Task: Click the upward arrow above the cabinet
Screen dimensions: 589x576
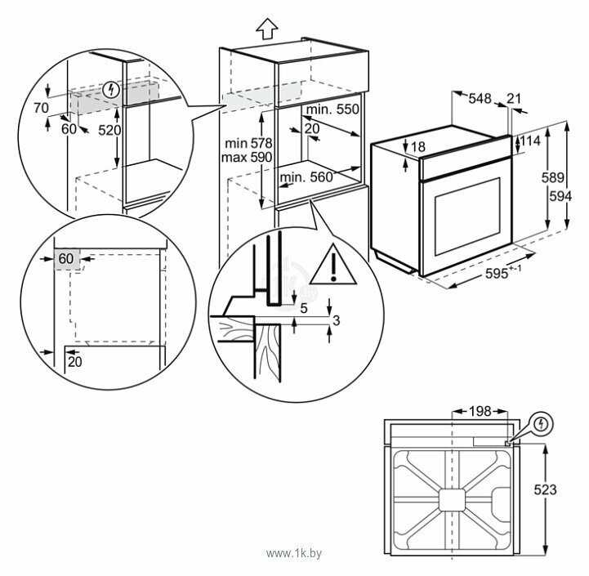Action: [266, 29]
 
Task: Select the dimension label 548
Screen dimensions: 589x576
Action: [480, 98]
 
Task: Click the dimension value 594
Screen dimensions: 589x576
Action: [560, 196]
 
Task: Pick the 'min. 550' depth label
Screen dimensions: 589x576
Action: [332, 109]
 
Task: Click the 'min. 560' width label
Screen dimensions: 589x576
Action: [306, 177]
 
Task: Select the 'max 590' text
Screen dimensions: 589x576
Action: [247, 157]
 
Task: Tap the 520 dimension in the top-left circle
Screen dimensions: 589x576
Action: [109, 131]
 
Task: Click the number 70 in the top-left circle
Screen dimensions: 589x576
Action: [41, 108]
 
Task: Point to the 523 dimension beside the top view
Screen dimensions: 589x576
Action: [545, 489]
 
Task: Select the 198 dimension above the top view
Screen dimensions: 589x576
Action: [480, 411]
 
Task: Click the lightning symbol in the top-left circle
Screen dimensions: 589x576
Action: [111, 89]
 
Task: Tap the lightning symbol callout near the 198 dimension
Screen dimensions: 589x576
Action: [541, 424]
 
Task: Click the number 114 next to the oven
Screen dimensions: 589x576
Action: [530, 141]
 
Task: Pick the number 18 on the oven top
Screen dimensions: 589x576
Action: [417, 146]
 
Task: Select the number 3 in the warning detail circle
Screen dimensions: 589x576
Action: [337, 320]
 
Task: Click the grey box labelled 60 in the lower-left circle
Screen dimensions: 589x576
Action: [67, 259]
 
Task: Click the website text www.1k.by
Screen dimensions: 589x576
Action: [294, 553]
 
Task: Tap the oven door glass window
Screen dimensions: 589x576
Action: [467, 217]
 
